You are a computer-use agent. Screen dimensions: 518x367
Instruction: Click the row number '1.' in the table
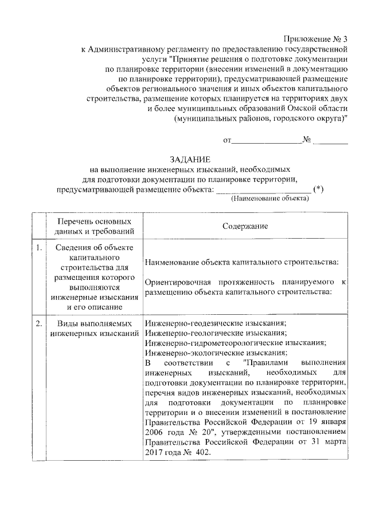38,247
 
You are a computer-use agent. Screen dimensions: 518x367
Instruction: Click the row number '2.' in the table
38,323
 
